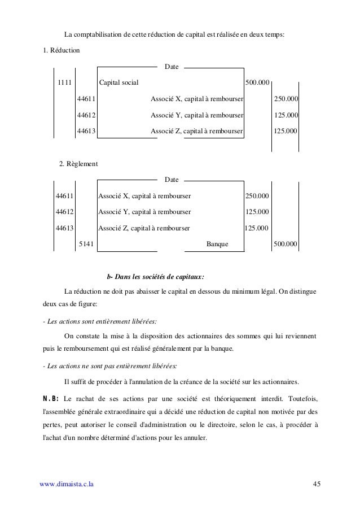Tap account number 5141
point(86,245)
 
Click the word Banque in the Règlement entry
point(218,245)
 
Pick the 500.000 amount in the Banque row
point(286,245)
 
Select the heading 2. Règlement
point(78,164)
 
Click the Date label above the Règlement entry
point(172,180)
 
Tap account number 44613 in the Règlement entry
point(64,228)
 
